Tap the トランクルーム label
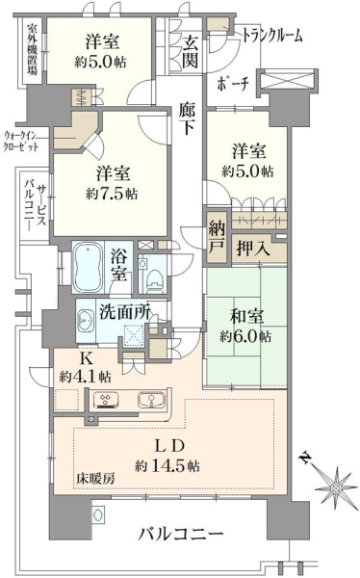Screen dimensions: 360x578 [272, 36]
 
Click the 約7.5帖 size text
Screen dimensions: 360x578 [112, 194]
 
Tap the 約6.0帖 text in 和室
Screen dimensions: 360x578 [245, 336]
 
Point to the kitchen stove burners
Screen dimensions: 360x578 [106, 400]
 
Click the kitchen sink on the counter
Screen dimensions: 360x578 [151, 400]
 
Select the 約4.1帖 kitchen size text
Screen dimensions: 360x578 [85, 377]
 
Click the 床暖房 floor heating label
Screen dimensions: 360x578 [96, 479]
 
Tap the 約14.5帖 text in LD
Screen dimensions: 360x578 [167, 466]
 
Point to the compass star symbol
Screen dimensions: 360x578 [336, 487]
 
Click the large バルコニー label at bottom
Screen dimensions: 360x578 [181, 533]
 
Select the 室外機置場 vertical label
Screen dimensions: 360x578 [33, 49]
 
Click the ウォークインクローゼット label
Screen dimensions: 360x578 [20, 141]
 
